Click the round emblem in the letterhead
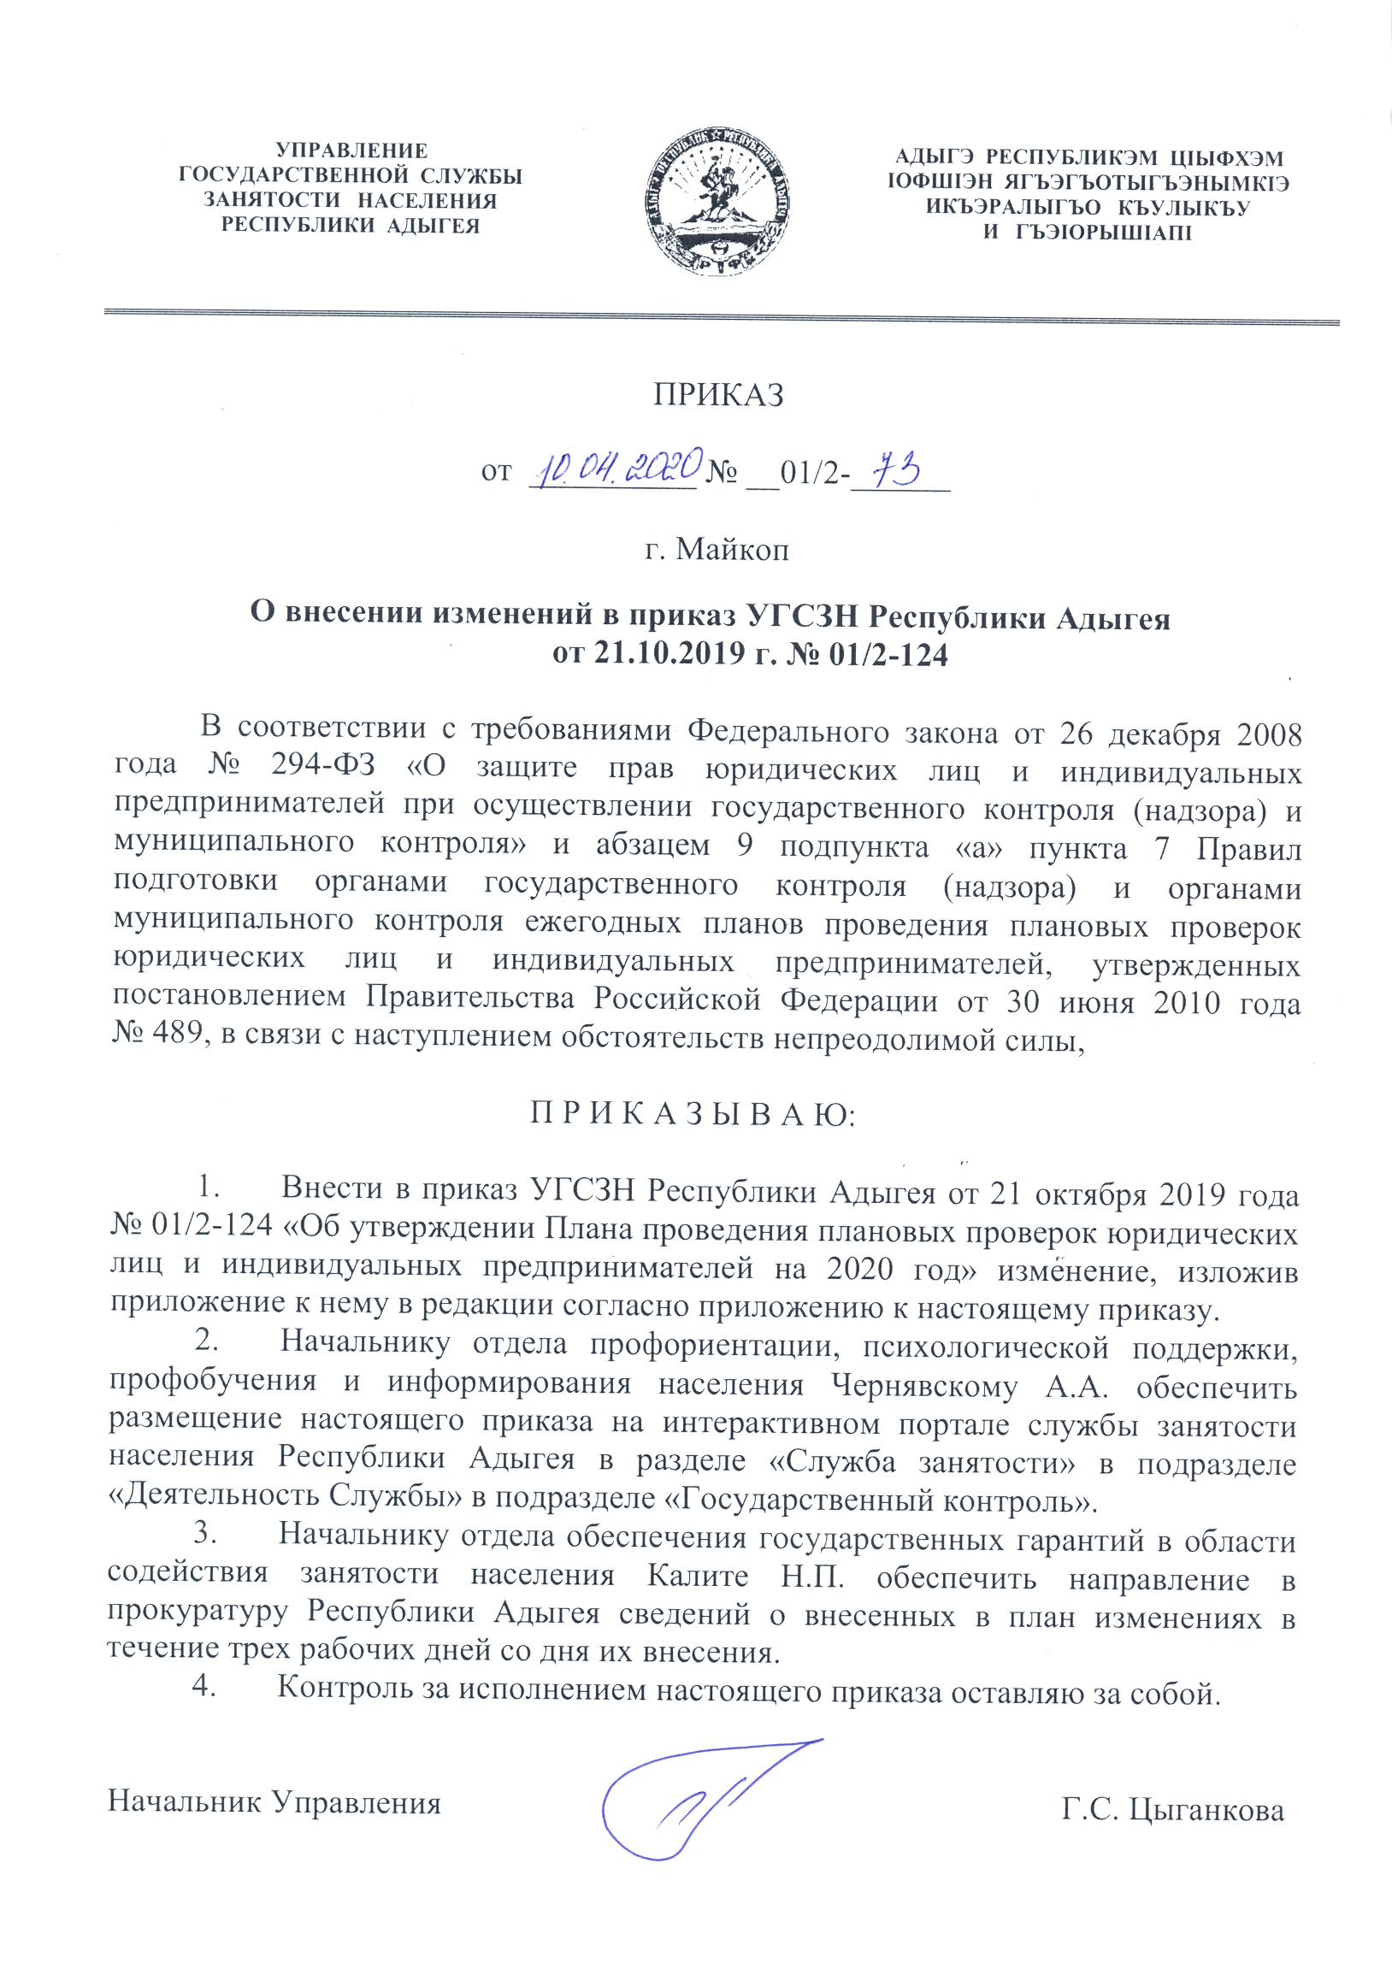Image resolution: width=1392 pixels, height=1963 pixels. tap(717, 201)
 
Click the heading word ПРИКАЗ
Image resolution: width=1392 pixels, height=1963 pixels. tap(718, 395)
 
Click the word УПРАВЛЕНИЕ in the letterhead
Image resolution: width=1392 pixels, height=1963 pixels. tap(351, 151)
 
